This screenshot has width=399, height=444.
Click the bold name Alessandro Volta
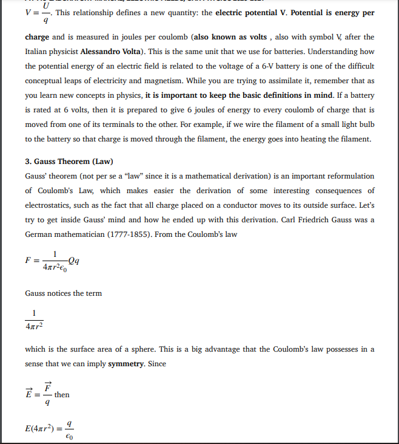coord(115,52)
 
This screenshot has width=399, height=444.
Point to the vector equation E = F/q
coord(38,394)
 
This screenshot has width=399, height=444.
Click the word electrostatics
coord(48,205)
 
